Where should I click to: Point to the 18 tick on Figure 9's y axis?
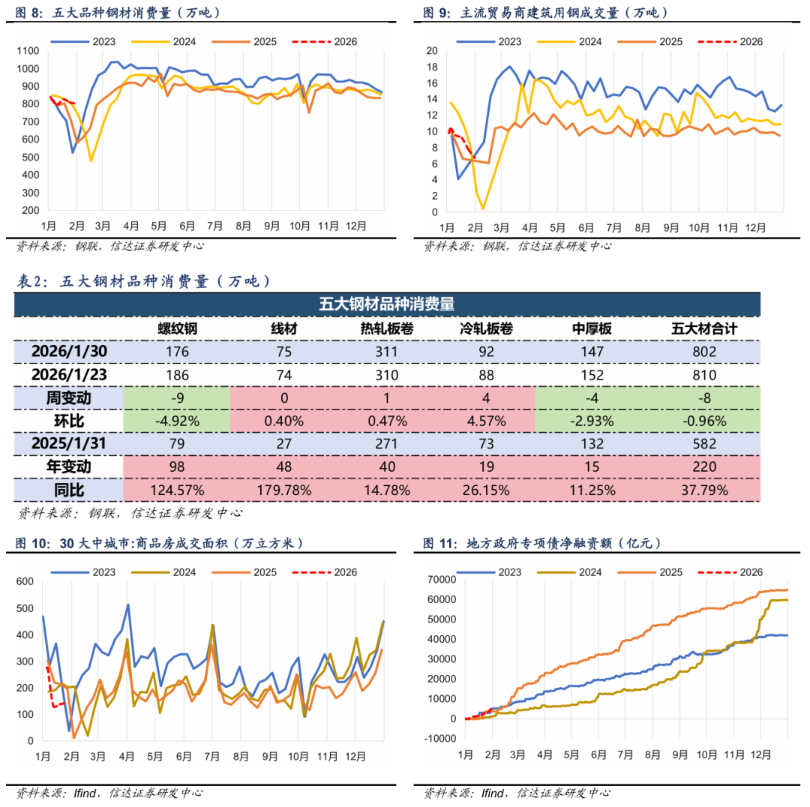pos(431,67)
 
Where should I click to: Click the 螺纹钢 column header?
pos(176,328)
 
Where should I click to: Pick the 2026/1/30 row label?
pos(68,351)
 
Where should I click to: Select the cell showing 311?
pos(386,351)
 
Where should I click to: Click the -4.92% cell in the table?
pos(176,421)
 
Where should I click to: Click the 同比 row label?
pos(68,490)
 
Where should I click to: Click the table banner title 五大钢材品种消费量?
pos(386,304)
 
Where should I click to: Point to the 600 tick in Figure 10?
pos(25,581)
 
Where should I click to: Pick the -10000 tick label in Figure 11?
pos(437,739)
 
